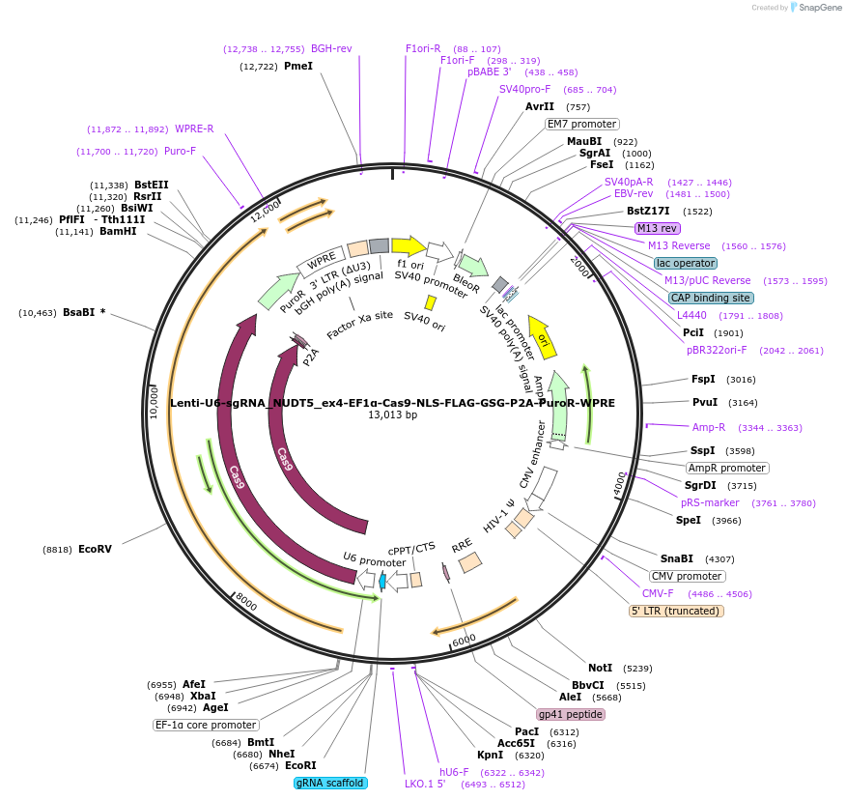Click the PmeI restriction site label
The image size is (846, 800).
(x=297, y=66)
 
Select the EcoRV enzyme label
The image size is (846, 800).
(x=95, y=549)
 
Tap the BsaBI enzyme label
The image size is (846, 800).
(x=84, y=312)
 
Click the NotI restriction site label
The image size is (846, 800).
(x=600, y=668)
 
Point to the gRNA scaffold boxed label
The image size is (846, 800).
(x=330, y=783)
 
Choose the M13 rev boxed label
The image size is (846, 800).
(x=657, y=228)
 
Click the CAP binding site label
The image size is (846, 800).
(x=710, y=298)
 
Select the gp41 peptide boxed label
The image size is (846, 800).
(x=571, y=715)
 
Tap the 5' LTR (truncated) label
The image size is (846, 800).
(x=675, y=611)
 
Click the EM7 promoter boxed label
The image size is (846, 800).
(x=581, y=124)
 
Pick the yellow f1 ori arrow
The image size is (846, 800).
(x=409, y=245)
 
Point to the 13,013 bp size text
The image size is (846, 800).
(x=392, y=415)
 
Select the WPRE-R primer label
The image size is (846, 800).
(x=194, y=129)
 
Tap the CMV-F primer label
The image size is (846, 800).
(x=658, y=593)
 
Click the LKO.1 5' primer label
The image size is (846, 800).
(x=425, y=784)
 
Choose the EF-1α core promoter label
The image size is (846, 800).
(x=206, y=725)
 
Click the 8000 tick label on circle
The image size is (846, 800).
(x=245, y=602)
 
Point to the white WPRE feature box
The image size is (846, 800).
(x=321, y=262)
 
